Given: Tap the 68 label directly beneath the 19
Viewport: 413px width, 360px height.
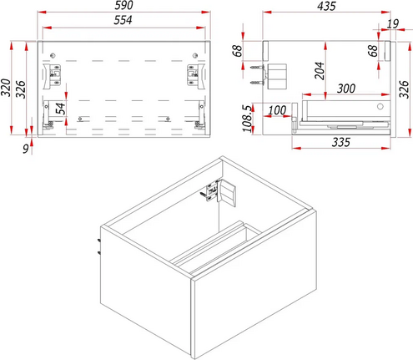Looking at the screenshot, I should [x=373, y=50].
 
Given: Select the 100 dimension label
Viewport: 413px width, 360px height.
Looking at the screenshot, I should [x=278, y=110].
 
